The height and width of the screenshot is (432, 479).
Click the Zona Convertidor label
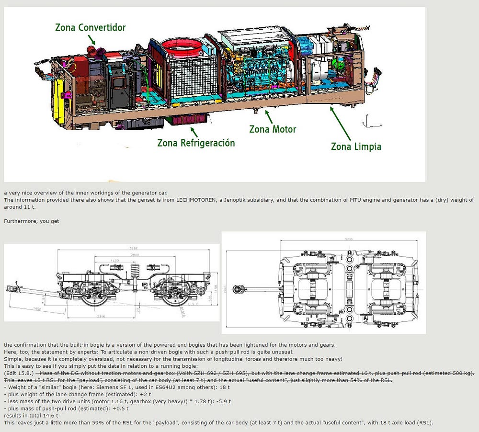[x=91, y=27]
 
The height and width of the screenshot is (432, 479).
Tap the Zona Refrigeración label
[x=196, y=143]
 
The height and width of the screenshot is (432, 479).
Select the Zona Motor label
[x=273, y=129]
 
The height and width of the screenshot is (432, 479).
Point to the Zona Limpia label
[x=356, y=146]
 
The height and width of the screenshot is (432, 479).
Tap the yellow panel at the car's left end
[x=60, y=101]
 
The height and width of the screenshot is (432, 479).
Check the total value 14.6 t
[x=49, y=416]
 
